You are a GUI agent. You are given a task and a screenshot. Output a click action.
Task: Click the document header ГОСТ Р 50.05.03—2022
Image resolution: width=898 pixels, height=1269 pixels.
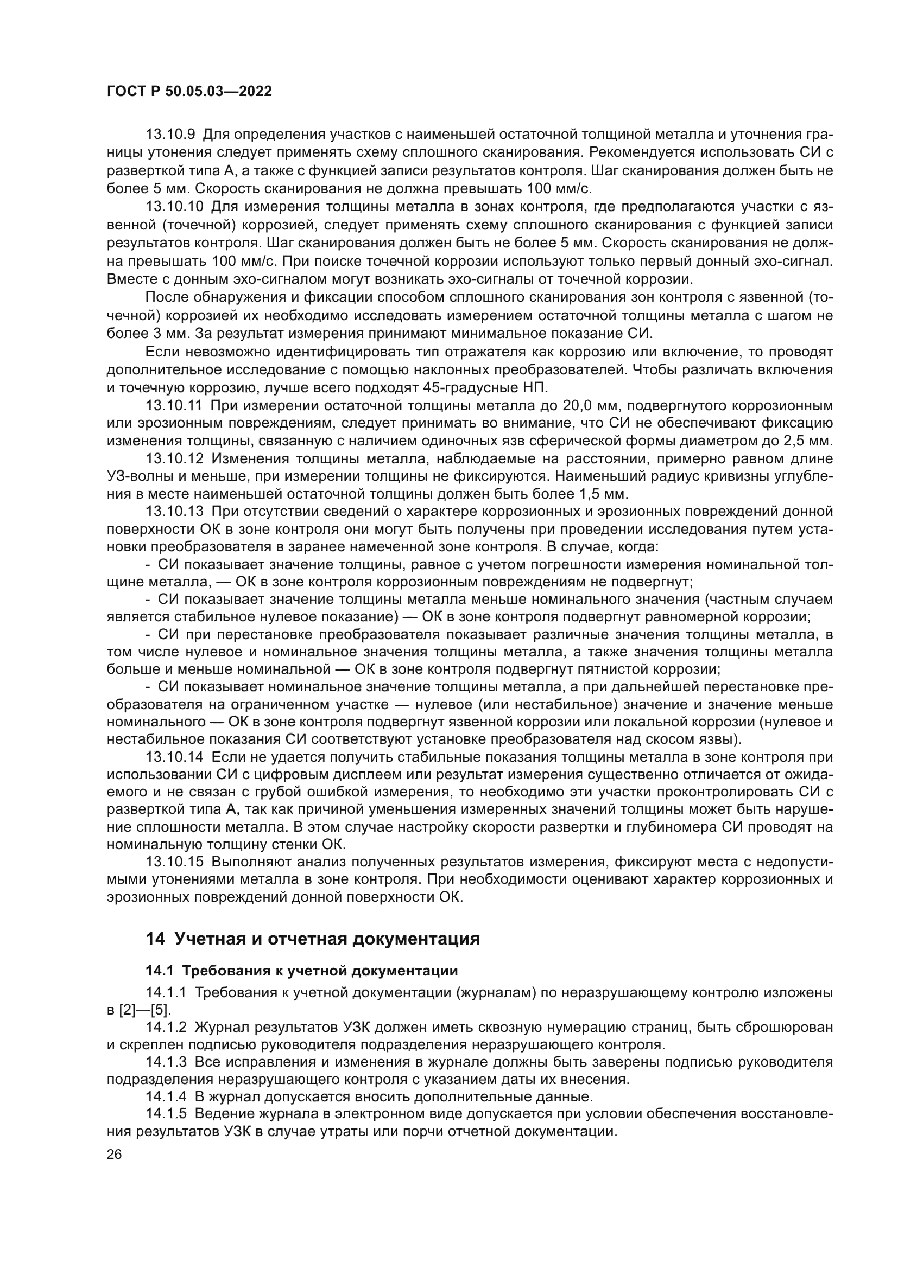click(x=189, y=92)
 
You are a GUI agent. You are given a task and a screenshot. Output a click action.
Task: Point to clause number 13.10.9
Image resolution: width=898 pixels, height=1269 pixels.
click(x=170, y=135)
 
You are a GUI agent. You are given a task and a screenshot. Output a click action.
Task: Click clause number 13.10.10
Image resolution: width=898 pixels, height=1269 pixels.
click(x=175, y=207)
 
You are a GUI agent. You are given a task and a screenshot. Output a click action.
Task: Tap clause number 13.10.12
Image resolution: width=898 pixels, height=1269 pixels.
click(x=175, y=459)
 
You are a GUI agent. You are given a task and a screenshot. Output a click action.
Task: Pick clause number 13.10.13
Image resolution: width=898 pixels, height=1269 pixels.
click(x=175, y=512)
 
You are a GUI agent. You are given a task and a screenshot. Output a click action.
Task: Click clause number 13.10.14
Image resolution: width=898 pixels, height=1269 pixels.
click(x=175, y=757)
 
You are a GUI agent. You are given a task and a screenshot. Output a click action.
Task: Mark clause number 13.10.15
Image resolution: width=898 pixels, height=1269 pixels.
click(x=175, y=862)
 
